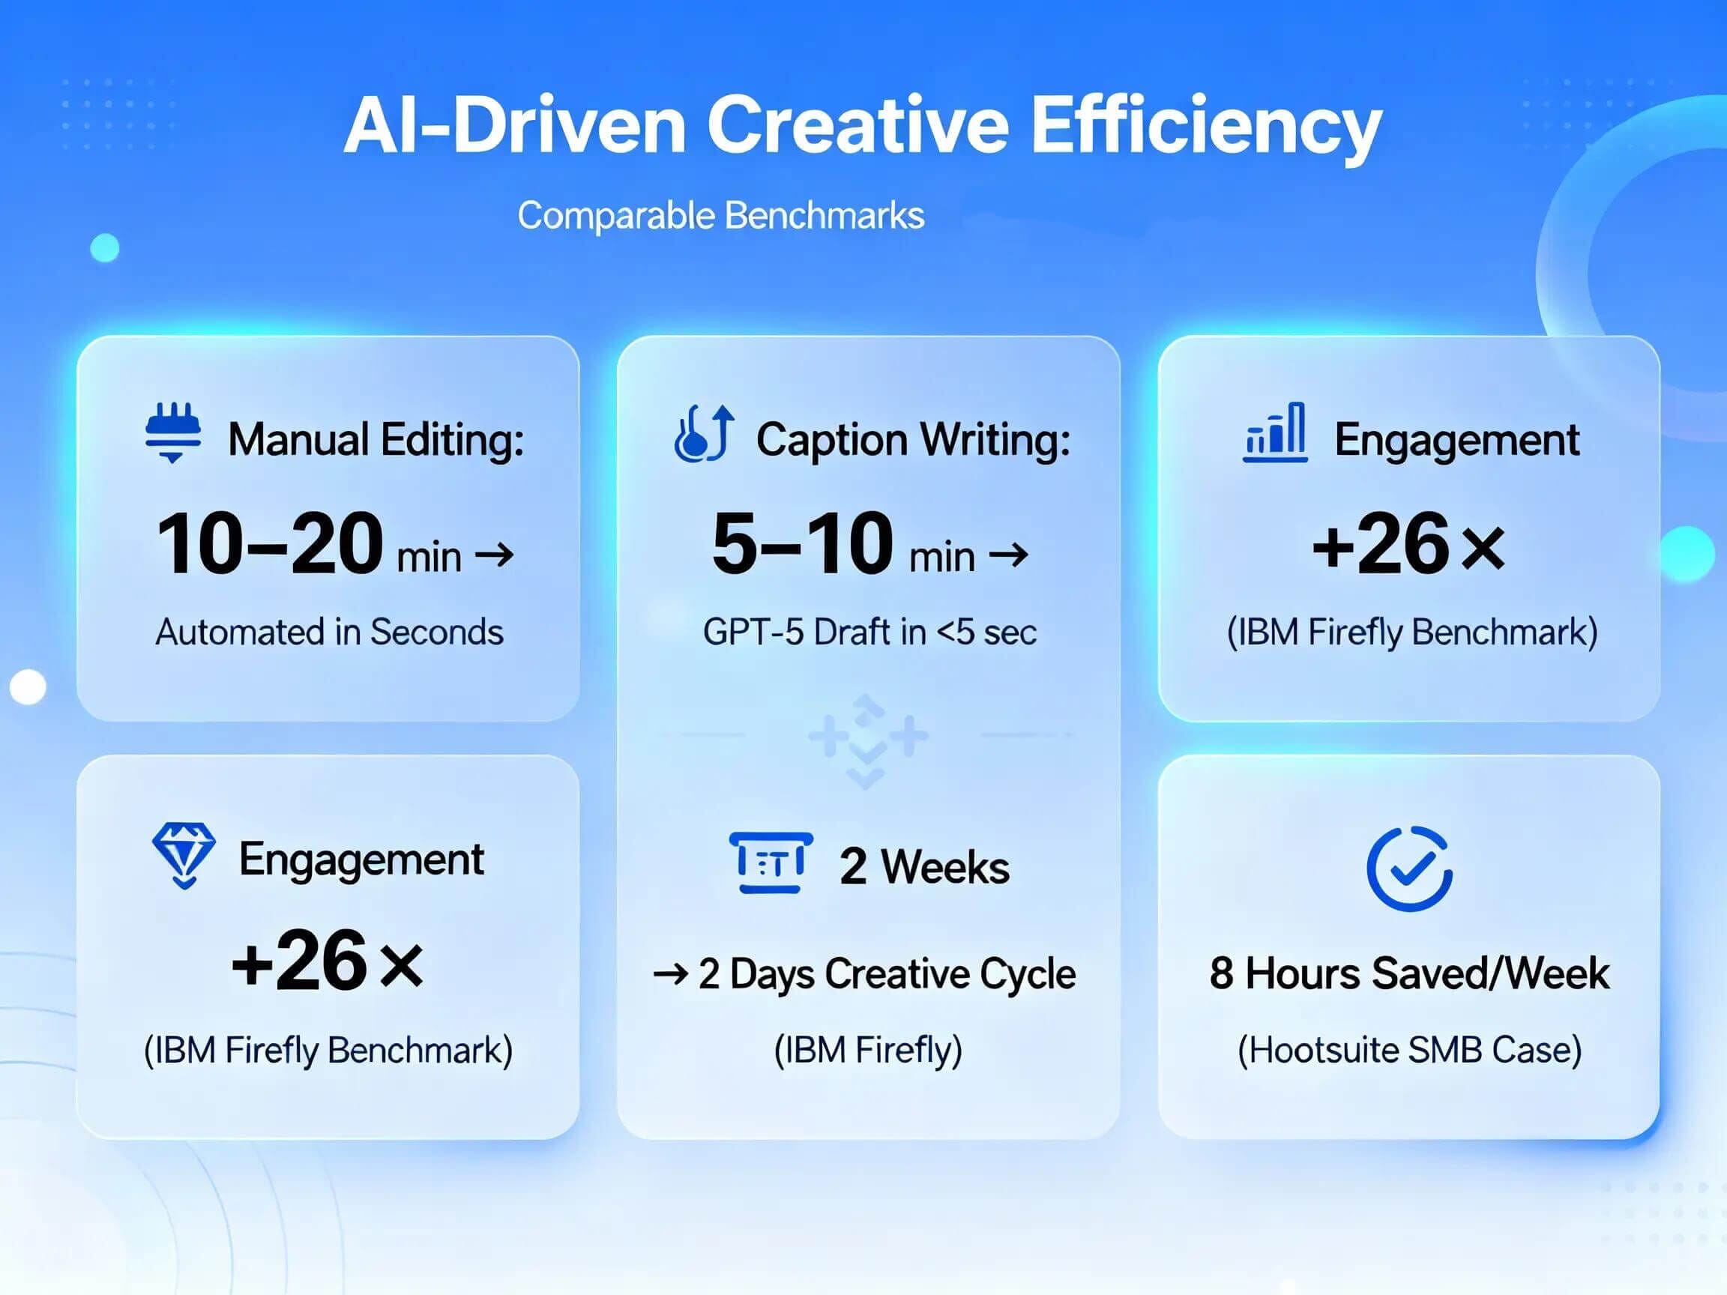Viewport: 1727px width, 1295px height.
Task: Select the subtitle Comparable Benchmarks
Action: (x=720, y=215)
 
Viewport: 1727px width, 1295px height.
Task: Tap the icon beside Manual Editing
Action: (x=173, y=432)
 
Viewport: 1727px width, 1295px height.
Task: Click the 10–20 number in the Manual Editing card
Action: (x=269, y=544)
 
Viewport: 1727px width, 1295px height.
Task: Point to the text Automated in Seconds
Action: (x=330, y=633)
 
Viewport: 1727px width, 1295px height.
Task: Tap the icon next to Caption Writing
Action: (x=703, y=433)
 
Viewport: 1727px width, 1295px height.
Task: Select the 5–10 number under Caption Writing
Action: (x=802, y=544)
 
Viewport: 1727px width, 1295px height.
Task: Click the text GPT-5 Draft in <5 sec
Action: (x=869, y=633)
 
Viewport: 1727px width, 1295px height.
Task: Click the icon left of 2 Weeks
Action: (x=771, y=863)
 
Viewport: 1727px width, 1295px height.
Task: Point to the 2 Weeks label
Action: (x=924, y=866)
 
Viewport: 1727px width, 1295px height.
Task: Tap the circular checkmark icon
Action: (x=1409, y=868)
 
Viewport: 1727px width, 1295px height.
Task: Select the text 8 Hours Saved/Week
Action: (x=1409, y=973)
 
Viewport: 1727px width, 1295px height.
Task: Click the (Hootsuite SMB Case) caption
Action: (x=1409, y=1050)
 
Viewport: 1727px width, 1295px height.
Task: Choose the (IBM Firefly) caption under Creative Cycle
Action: (x=868, y=1050)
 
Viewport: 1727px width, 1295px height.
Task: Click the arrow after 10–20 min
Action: (x=495, y=556)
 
